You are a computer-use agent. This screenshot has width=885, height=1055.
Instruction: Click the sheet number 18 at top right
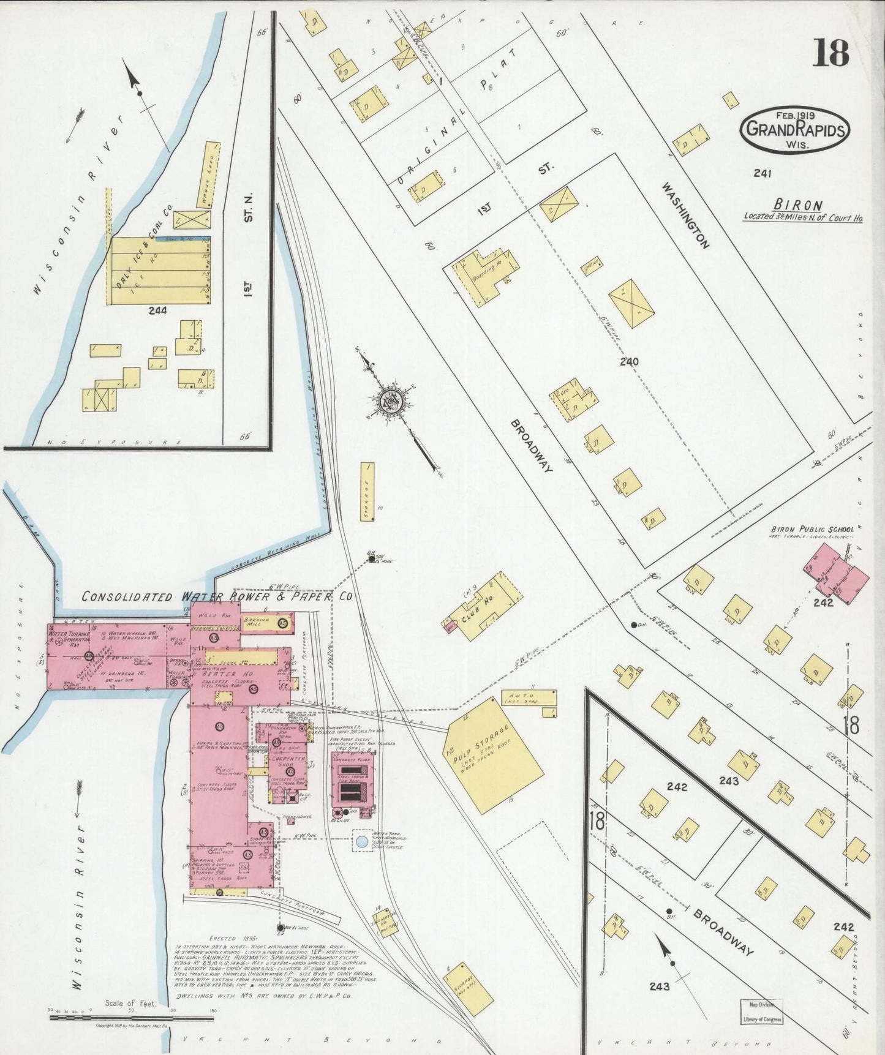tap(830, 53)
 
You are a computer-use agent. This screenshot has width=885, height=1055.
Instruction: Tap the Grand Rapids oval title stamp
tap(796, 130)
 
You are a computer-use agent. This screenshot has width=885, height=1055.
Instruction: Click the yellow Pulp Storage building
tap(493, 755)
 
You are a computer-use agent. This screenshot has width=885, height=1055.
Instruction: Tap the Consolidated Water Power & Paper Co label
tap(217, 596)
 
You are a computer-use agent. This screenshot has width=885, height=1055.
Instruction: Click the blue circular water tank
tap(362, 841)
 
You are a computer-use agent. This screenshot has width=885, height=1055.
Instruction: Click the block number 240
tap(629, 361)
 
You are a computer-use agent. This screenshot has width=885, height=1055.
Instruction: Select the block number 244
tap(157, 310)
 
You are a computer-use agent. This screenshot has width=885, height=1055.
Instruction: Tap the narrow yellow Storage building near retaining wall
tap(367, 491)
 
